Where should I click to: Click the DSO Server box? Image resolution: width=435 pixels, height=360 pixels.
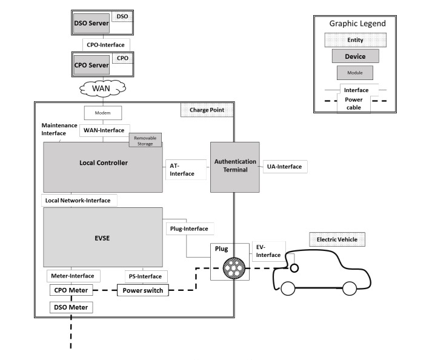91,24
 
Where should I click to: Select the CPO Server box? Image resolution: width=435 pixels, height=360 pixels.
91,65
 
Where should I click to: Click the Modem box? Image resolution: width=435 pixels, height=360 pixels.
102,113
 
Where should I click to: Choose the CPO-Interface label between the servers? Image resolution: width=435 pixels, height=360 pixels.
106,44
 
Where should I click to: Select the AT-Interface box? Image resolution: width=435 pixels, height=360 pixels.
182,169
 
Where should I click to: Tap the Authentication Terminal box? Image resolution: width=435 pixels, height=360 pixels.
234,167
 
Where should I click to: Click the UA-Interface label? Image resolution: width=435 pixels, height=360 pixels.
286,166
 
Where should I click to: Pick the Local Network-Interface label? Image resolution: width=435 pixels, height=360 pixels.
79,200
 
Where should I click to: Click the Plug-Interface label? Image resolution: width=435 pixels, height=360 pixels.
188,228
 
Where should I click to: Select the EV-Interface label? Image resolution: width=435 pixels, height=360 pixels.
269,251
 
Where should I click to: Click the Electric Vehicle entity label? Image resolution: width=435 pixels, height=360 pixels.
337,240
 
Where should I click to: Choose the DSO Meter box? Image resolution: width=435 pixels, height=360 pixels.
71,307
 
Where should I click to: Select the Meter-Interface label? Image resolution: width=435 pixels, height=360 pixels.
73,276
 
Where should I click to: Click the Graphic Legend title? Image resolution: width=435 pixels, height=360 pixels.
357,24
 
